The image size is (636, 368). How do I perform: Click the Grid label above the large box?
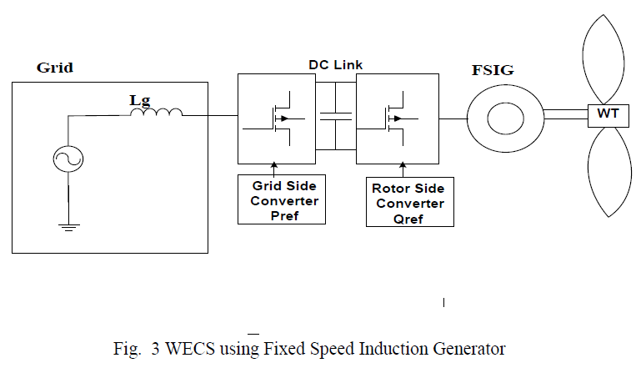point(56,68)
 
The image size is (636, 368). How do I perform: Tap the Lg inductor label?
point(140,101)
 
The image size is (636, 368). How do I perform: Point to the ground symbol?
point(67,225)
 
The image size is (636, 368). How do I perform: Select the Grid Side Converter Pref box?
point(278,199)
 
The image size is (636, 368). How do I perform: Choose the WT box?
point(608,113)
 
